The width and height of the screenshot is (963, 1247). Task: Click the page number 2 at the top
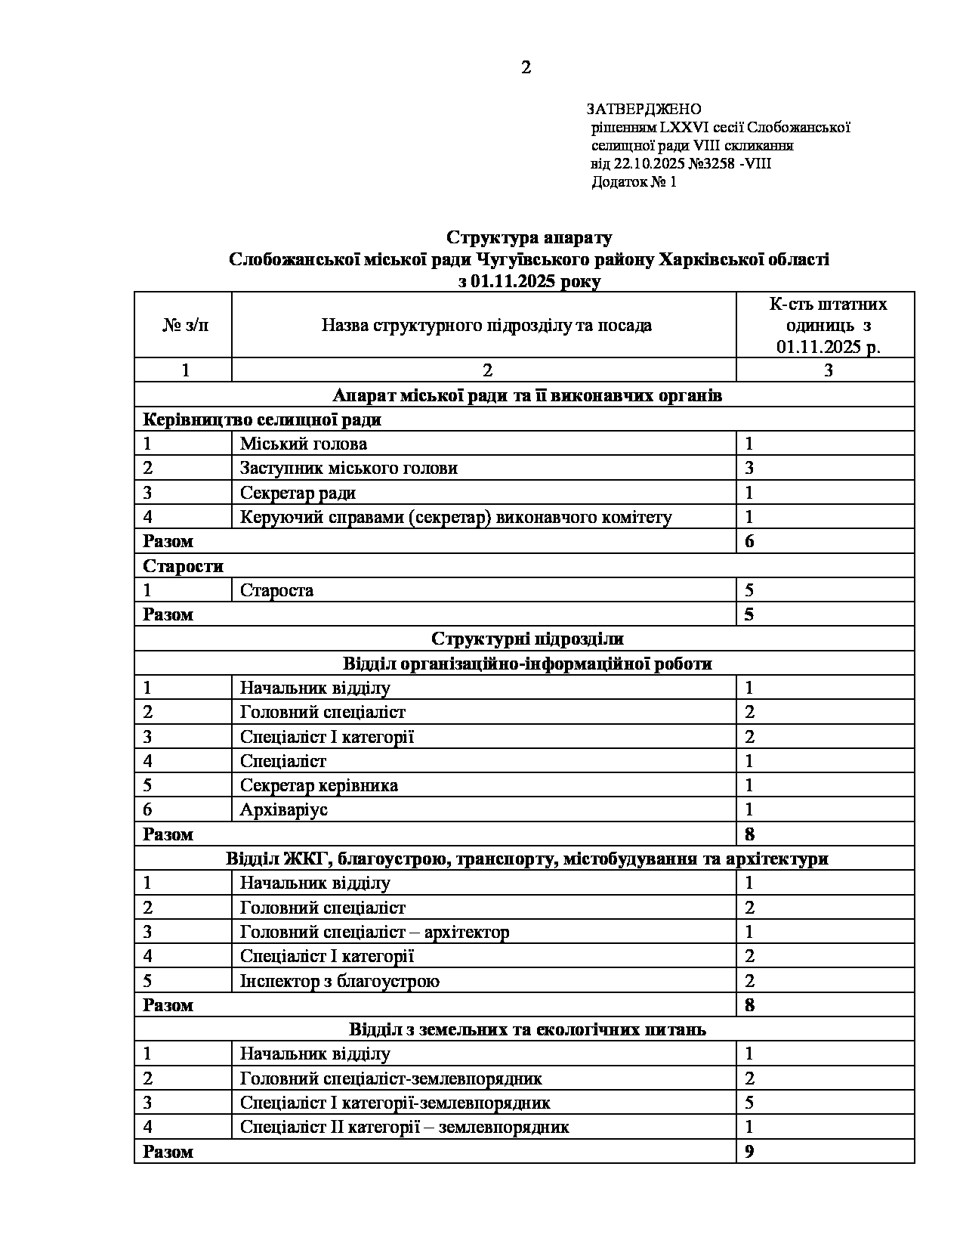pyautogui.click(x=526, y=68)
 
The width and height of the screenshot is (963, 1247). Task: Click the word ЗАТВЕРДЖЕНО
pyautogui.click(x=644, y=109)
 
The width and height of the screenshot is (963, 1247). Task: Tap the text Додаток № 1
pyautogui.click(x=634, y=182)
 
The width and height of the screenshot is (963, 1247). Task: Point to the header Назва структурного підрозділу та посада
pyautogui.click(x=486, y=325)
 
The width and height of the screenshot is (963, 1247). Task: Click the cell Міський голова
pyautogui.click(x=304, y=444)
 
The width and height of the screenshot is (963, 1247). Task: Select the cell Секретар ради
pyautogui.click(x=298, y=493)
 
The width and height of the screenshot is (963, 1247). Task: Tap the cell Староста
pyautogui.click(x=276, y=590)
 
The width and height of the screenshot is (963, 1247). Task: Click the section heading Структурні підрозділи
pyautogui.click(x=527, y=639)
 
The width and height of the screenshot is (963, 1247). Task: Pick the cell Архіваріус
pyautogui.click(x=284, y=809)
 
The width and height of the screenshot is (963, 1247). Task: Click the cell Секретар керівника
pyautogui.click(x=319, y=785)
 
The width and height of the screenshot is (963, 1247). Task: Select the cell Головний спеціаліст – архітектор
pyautogui.click(x=375, y=932)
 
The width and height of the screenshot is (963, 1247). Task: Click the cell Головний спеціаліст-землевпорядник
pyautogui.click(x=390, y=1078)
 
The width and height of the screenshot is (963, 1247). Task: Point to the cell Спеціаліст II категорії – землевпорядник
pyautogui.click(x=404, y=1127)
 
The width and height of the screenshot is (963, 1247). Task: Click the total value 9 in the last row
pyautogui.click(x=749, y=1151)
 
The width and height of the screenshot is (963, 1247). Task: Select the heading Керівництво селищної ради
pyautogui.click(x=262, y=419)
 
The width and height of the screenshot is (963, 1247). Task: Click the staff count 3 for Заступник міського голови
pyautogui.click(x=749, y=468)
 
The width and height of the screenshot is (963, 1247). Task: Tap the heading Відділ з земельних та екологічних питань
pyautogui.click(x=527, y=1029)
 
